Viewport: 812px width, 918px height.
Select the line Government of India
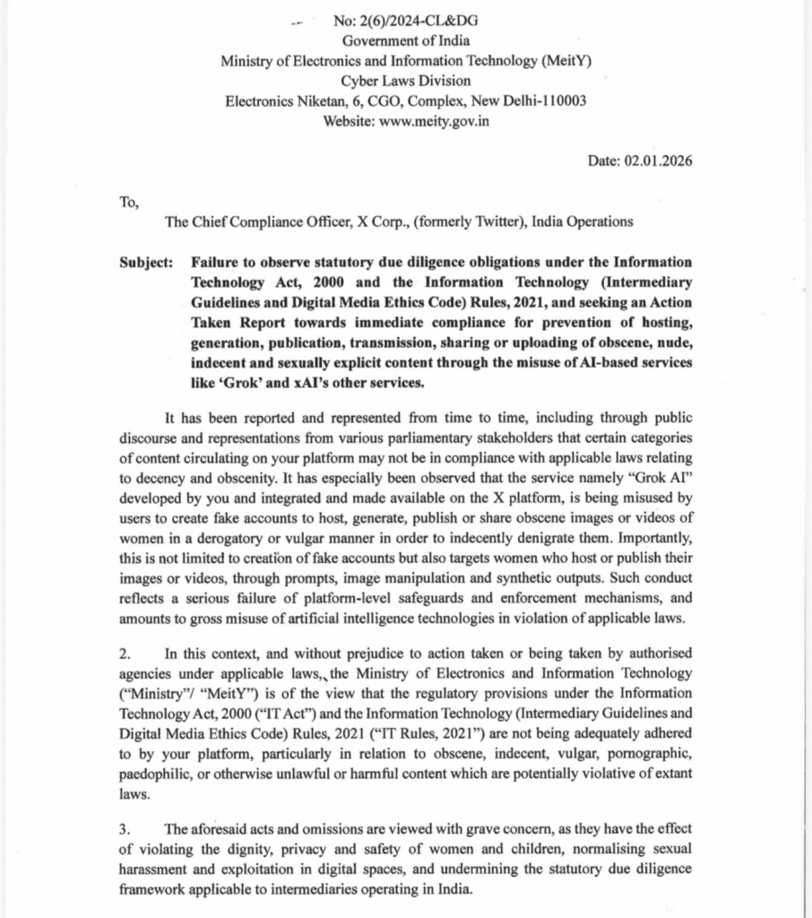coord(406,40)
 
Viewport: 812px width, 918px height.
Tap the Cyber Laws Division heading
coord(406,81)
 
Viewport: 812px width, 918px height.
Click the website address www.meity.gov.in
coord(435,121)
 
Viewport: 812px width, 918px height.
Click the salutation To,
coord(129,201)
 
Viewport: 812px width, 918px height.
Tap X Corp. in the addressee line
coord(367,221)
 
